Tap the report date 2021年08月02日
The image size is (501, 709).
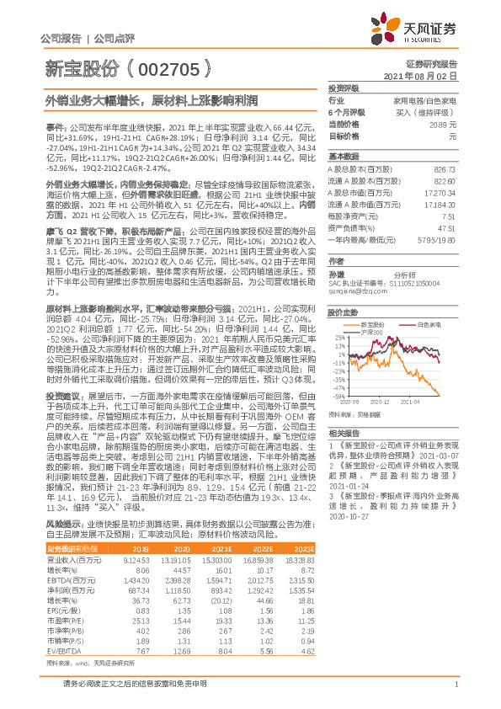coord(422,75)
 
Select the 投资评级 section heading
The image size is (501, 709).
coord(344,88)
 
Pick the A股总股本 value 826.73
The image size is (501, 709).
coord(444,169)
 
